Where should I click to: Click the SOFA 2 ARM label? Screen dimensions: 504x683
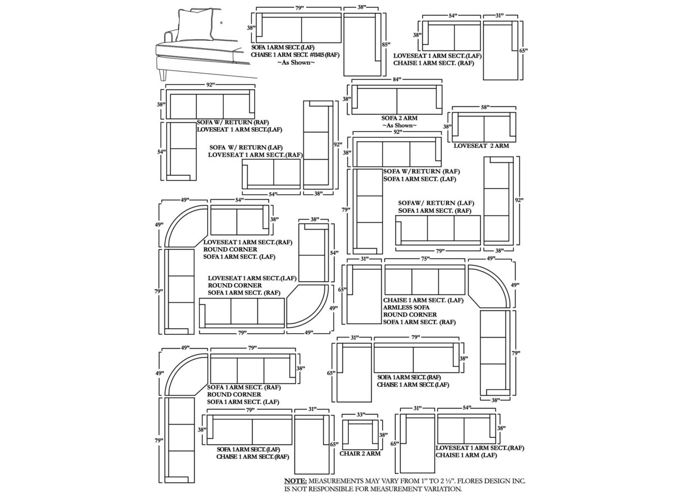point(399,118)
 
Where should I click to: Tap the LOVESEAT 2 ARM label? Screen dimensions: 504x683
point(481,146)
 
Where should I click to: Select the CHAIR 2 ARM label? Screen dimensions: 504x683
point(360,454)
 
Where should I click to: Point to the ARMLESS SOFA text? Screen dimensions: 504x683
point(406,307)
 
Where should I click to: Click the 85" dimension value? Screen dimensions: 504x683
point(385,44)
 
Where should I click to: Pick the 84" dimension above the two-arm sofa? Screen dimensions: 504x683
point(397,80)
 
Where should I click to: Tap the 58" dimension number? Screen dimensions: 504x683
point(485,106)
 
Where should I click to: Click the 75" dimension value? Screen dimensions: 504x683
point(425,259)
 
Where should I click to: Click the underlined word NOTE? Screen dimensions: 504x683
point(296,481)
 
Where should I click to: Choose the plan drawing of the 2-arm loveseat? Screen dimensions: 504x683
point(484,127)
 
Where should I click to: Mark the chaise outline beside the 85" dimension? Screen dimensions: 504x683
point(362,44)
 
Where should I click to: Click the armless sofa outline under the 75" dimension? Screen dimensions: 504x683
point(425,280)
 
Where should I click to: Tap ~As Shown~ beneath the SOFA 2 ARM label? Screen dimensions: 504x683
point(399,125)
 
